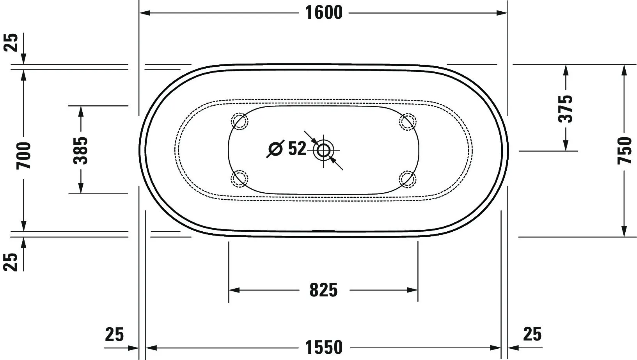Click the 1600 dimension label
tap(324, 13)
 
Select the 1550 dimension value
tap(324, 348)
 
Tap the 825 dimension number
tap(324, 290)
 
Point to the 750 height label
tap(625, 151)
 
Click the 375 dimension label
tap(565, 109)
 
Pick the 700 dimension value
tap(23, 156)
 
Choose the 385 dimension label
tap(80, 151)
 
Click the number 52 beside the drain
tap(297, 148)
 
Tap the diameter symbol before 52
tap(275, 149)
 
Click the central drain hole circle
tap(323, 150)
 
